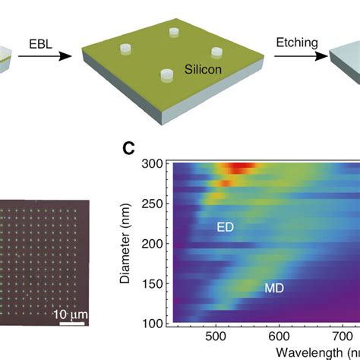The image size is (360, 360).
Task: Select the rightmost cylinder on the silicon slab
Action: click(217, 52)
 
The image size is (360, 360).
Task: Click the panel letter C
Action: click(128, 150)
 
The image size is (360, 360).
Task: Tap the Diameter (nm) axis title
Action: click(128, 244)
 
